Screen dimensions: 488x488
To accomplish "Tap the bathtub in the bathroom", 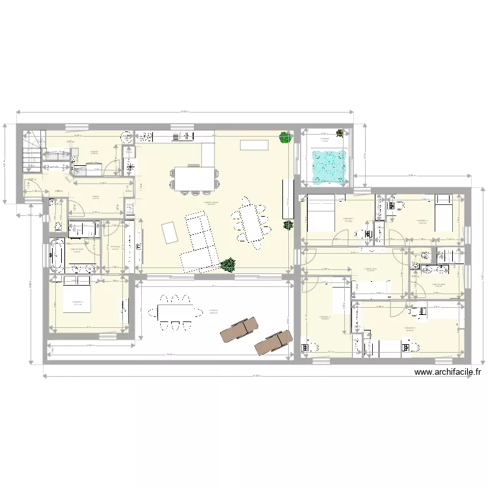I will [x=56, y=255].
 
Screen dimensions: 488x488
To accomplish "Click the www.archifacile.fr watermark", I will [x=447, y=373].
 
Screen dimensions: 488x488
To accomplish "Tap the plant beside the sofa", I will [x=228, y=264].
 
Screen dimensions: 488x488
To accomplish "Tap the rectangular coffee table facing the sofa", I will [x=169, y=232].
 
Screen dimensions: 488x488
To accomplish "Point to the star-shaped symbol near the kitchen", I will [x=131, y=167].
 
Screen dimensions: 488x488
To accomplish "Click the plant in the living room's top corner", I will [x=284, y=137].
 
